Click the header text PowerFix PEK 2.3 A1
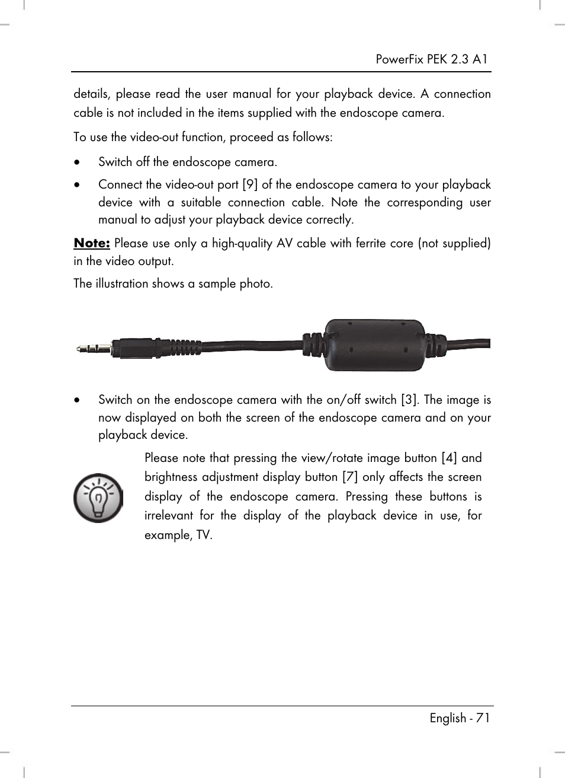point(431,59)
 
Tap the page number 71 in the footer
point(482,718)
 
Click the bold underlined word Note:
point(92,243)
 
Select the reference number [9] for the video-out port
point(250,184)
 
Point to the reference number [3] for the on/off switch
point(409,400)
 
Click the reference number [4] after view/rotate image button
point(449,458)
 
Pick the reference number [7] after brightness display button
point(350,477)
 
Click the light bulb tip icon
point(98,498)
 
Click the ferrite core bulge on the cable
point(374,345)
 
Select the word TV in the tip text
point(203,535)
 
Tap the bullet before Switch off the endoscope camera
point(77,162)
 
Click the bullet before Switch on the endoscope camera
point(77,400)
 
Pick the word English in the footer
point(448,718)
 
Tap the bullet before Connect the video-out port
point(77,185)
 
